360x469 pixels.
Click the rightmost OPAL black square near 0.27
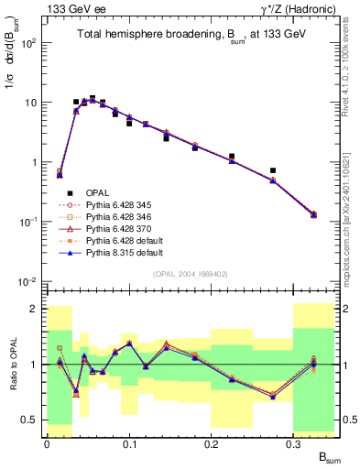click(273, 170)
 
